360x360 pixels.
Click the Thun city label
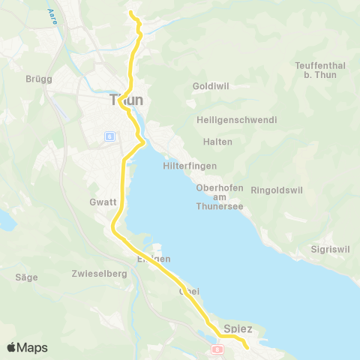coord(126,100)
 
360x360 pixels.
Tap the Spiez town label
coord(238,329)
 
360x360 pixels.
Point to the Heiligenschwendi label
coord(236,120)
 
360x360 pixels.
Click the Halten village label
coord(217,142)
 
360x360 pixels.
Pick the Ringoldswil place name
coord(279,190)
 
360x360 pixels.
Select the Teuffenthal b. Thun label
coord(320,70)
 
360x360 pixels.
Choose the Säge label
coord(26,277)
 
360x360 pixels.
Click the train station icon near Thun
coord(109,136)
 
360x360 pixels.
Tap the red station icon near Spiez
coord(218,349)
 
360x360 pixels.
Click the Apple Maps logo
coord(27,347)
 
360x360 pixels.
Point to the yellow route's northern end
coord(131,13)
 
